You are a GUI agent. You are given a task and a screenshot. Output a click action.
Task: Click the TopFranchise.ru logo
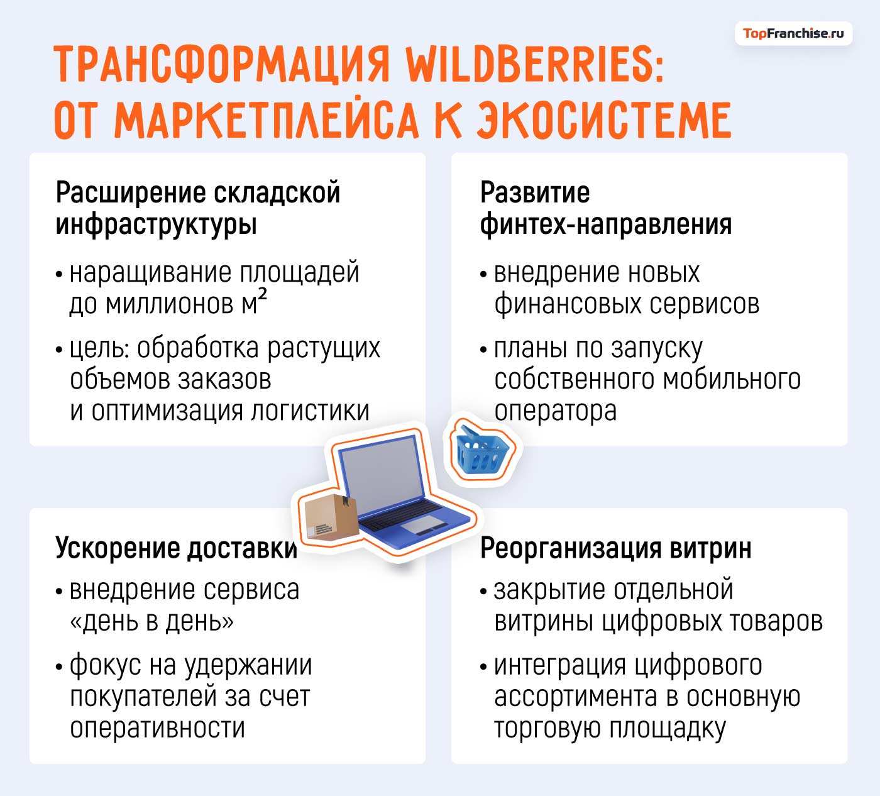(x=793, y=34)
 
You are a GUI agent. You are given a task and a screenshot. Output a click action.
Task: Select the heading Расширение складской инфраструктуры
(x=197, y=208)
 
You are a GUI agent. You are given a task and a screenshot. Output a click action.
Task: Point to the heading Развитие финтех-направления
(x=605, y=208)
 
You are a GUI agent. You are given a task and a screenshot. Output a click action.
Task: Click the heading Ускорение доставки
(x=176, y=548)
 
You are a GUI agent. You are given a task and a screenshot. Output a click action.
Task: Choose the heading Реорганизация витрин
(x=615, y=548)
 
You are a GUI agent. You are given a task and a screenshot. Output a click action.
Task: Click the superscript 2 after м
(x=262, y=298)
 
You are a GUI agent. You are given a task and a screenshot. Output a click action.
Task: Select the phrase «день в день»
(x=151, y=621)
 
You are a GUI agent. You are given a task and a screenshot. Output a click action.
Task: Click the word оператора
(x=555, y=411)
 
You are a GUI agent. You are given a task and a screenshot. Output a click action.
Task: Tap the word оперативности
(x=157, y=728)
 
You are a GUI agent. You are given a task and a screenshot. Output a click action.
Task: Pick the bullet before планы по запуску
(x=483, y=350)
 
